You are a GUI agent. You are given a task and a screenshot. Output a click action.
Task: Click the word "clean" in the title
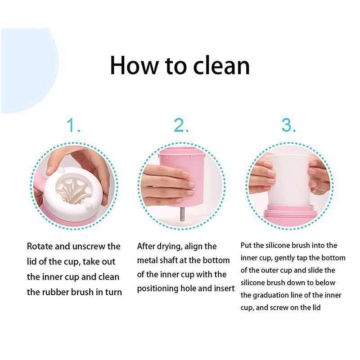(x=221, y=66)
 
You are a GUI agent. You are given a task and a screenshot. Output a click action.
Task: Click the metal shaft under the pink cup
(x=182, y=214)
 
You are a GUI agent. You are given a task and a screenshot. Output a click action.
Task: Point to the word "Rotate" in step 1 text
(x=40, y=246)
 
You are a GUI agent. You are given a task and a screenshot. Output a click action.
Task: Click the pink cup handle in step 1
(x=39, y=184)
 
